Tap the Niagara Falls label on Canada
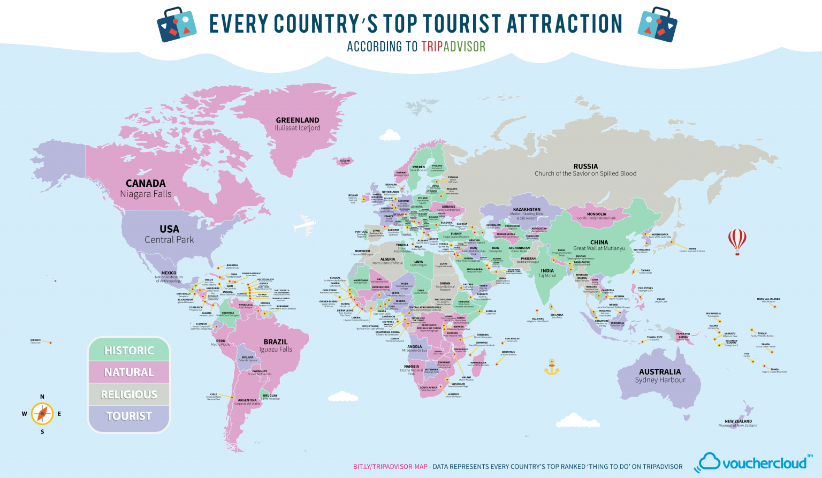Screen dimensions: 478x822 pyautogui.click(x=146, y=194)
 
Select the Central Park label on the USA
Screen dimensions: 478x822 pyautogui.click(x=169, y=240)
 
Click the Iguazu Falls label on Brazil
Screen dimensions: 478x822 pyautogui.click(x=276, y=349)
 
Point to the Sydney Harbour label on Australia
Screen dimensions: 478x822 pyautogui.click(x=660, y=380)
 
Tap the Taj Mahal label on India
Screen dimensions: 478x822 pyautogui.click(x=547, y=276)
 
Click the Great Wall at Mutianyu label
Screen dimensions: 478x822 pyautogui.click(x=599, y=248)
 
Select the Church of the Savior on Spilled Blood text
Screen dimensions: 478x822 pyautogui.click(x=585, y=173)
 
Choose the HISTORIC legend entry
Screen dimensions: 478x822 pyautogui.click(x=129, y=351)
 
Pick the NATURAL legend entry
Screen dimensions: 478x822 pyautogui.click(x=129, y=373)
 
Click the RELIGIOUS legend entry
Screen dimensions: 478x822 pyautogui.click(x=129, y=394)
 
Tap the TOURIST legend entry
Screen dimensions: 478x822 pyautogui.click(x=129, y=416)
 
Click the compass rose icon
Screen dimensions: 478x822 pyautogui.click(x=42, y=414)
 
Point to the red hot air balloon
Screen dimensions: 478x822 pyautogui.click(x=737, y=240)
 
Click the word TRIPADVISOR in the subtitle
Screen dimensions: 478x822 pyautogui.click(x=453, y=47)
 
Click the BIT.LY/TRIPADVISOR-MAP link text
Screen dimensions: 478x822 pyautogui.click(x=390, y=467)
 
